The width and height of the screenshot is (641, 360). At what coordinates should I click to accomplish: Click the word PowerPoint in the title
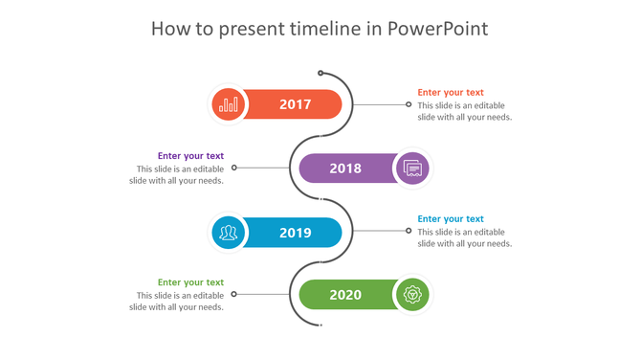click(x=438, y=29)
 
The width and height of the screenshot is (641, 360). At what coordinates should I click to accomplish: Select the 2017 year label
click(x=295, y=104)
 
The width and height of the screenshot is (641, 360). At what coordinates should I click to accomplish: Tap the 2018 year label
click(x=345, y=169)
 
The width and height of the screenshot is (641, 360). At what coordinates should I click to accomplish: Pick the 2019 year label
click(x=295, y=233)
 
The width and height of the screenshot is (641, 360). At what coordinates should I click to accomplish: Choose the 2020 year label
click(x=345, y=295)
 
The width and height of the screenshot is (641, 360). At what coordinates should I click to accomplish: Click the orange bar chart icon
click(x=229, y=104)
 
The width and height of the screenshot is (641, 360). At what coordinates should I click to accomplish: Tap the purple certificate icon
click(x=412, y=169)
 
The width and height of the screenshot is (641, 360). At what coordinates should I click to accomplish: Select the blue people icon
click(x=229, y=233)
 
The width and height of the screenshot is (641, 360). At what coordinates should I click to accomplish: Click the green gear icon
click(x=412, y=295)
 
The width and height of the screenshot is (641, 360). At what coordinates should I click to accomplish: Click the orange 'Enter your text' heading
click(x=451, y=93)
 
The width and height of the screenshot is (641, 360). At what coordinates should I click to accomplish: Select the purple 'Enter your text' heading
click(x=190, y=156)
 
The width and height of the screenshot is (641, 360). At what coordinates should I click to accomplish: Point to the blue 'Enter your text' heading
click(x=451, y=219)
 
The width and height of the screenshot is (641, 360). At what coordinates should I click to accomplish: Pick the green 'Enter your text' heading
click(x=190, y=282)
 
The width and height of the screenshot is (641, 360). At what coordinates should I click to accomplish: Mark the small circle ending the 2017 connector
click(x=409, y=104)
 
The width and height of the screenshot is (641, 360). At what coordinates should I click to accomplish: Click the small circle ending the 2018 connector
click(x=234, y=168)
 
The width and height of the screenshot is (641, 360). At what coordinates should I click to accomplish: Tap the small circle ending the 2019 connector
click(x=409, y=231)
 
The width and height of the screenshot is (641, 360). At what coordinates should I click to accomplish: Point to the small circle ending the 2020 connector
click(x=234, y=294)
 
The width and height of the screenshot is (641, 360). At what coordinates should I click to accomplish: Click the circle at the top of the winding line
click(x=320, y=73)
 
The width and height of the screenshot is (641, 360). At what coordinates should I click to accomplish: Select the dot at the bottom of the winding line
click(x=320, y=326)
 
